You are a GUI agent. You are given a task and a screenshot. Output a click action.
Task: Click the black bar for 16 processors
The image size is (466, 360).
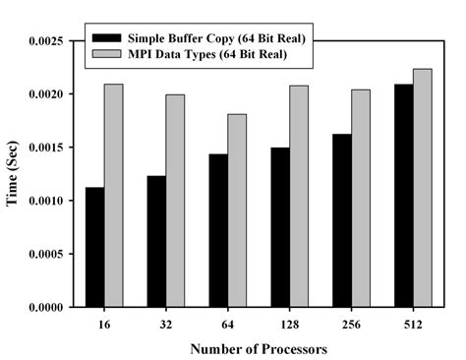tap(94, 247)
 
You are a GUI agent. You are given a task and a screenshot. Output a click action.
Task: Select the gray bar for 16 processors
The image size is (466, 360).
tap(114, 196)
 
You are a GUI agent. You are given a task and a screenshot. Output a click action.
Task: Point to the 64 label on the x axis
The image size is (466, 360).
tap(228, 324)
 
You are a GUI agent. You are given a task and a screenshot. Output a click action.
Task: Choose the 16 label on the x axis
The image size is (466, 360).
tap(104, 324)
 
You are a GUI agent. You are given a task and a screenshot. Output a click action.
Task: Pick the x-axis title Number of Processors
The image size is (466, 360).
tap(260, 347)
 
